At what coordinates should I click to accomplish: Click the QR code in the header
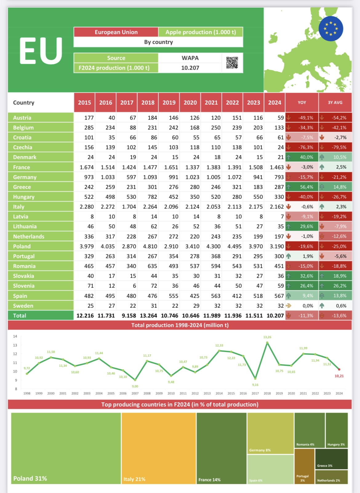pyautogui.click(x=232, y=63)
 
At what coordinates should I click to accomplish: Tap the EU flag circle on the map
pyautogui.click(x=331, y=29)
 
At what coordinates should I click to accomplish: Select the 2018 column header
pyautogui.click(x=148, y=102)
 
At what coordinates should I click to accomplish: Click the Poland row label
pyautogui.click(x=22, y=246)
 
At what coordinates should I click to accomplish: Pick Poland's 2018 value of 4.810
pyautogui.click(x=150, y=246)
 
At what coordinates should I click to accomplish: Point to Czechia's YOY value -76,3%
pyautogui.click(x=306, y=147)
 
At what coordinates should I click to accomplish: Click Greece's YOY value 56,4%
pyautogui.click(x=306, y=187)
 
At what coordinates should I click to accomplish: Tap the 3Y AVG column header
pyautogui.click(x=335, y=102)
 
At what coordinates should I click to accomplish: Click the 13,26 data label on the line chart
pyautogui.click(x=267, y=337)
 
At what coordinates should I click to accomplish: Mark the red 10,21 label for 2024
pyautogui.click(x=339, y=376)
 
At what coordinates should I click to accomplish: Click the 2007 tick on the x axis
pyautogui.click(x=135, y=393)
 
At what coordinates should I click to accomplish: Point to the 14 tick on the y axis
pyautogui.click(x=15, y=336)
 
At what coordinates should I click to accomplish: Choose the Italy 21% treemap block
pyautogui.click(x=159, y=448)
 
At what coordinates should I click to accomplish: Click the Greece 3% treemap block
pyautogui.click(x=331, y=459)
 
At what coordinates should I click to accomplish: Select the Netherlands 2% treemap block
pyautogui.click(x=331, y=477)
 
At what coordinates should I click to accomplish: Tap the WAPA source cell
pyautogui.click(x=190, y=58)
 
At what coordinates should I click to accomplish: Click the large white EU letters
pyautogui.click(x=41, y=51)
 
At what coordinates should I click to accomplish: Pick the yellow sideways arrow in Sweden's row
pyautogui.click(x=289, y=306)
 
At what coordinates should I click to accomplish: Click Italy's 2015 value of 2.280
pyautogui.click(x=86, y=206)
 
